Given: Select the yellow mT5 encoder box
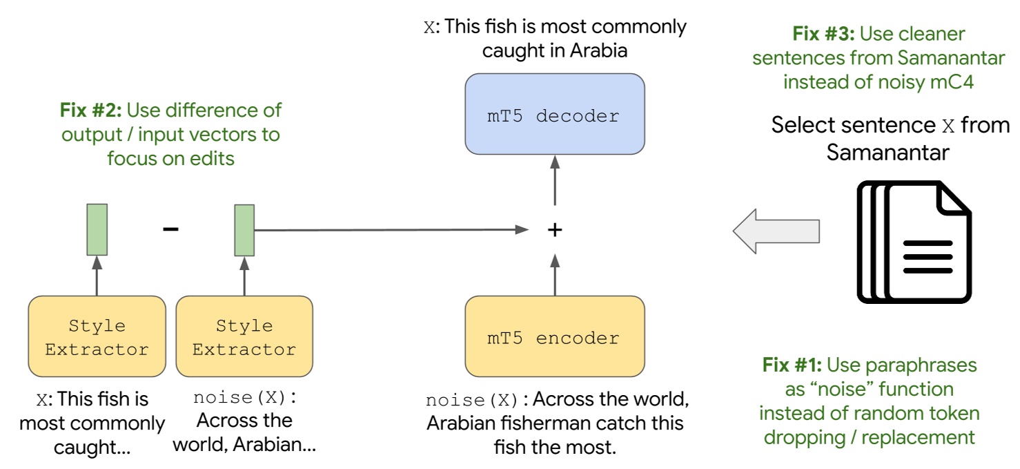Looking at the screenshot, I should tap(555, 338).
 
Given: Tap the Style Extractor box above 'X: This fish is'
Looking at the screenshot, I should tap(97, 336).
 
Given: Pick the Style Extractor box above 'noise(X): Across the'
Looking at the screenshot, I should tap(244, 336).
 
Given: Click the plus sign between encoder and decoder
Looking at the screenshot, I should tap(555, 230).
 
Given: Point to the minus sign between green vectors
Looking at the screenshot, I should tap(170, 229).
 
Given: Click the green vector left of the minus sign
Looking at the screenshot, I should tap(97, 230).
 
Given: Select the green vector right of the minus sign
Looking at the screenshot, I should tap(244, 230).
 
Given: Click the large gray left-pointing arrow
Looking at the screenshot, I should tap(776, 230).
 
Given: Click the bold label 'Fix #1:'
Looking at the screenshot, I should tap(792, 365).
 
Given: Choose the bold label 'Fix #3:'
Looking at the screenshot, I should tap(824, 34).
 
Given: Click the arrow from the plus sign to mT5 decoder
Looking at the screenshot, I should tap(555, 183).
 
